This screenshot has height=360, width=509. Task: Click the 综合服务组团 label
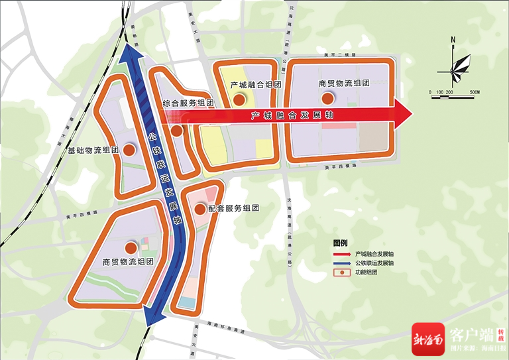(x=188, y=103)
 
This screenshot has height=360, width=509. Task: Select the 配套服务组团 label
(x=233, y=208)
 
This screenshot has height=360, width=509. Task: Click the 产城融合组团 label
(x=251, y=85)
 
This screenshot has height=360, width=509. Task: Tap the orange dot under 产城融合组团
(x=237, y=99)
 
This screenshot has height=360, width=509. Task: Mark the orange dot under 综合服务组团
(x=177, y=130)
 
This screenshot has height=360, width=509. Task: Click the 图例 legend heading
(x=340, y=243)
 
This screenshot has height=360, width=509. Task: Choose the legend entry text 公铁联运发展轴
(x=374, y=263)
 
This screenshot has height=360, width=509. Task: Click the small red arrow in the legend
(x=340, y=254)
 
